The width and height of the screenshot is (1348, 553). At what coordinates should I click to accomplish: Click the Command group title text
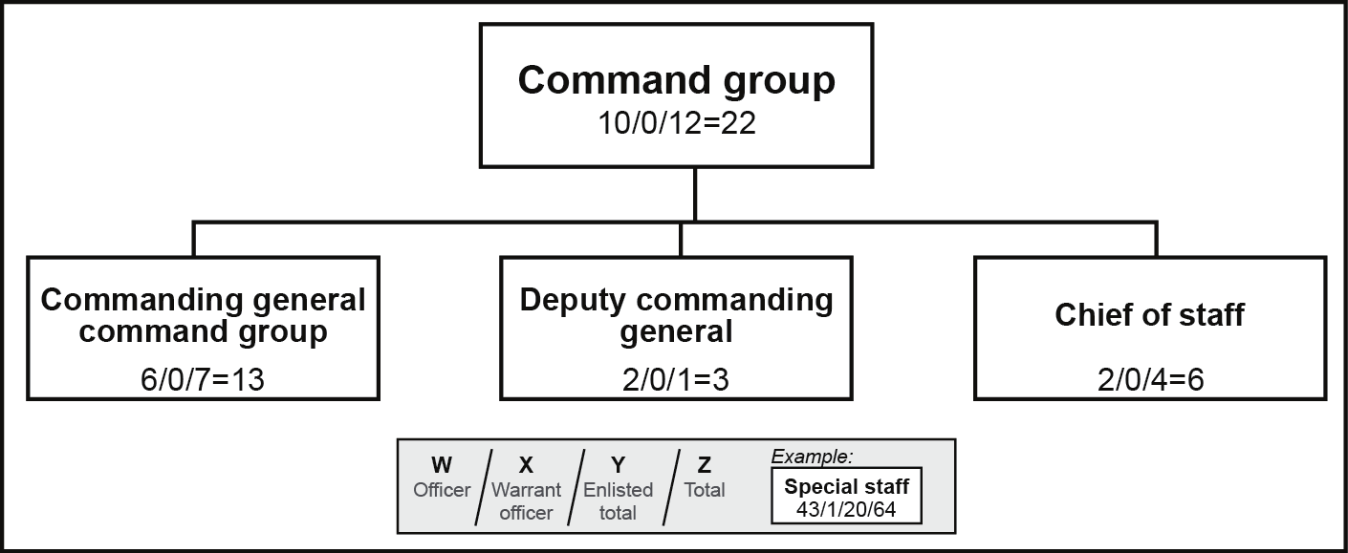(676, 81)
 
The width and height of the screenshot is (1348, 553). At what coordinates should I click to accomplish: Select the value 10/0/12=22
(676, 123)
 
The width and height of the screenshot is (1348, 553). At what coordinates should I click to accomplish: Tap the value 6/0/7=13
(202, 379)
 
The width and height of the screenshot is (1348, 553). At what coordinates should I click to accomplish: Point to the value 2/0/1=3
(676, 379)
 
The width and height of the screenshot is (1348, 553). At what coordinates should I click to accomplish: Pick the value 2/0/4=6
(1149, 379)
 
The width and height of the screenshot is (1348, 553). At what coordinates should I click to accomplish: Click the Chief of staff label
(1149, 315)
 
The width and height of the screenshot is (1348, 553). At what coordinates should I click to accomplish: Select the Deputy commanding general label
(676, 316)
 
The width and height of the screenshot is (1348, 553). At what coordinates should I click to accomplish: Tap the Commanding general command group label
(203, 316)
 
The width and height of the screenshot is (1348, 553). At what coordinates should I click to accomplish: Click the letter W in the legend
(442, 465)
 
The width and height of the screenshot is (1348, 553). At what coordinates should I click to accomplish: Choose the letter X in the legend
(525, 465)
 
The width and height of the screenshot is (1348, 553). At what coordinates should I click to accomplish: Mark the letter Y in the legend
(618, 465)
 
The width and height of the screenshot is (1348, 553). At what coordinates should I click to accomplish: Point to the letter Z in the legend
(705, 465)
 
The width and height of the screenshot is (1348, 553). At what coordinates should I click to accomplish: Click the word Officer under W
(442, 490)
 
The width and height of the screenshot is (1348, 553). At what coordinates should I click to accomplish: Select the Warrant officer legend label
(525, 501)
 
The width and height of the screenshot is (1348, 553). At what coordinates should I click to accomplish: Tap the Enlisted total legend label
(618, 501)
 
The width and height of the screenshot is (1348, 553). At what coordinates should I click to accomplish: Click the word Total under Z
(705, 490)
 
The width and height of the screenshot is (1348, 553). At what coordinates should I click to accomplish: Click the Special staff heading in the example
(846, 486)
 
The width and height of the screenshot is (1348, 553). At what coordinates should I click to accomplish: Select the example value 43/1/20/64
(846, 508)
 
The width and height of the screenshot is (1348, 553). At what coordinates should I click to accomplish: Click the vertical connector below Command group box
(695, 195)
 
